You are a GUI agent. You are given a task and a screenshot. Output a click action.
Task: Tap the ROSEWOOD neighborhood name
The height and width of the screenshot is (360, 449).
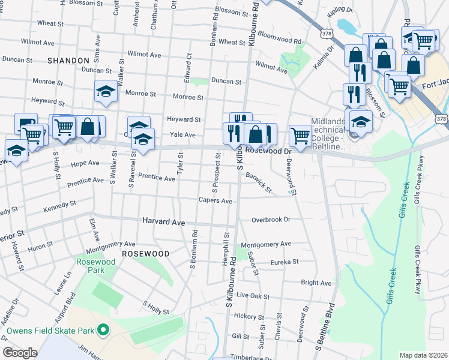coord(146,254)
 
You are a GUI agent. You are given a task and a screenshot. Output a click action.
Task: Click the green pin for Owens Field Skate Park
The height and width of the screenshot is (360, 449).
coord(103,330)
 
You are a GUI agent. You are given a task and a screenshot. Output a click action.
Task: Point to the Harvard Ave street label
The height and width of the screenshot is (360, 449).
coord(163,221)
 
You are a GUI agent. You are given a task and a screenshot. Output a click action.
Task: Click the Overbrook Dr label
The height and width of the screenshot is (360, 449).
coord(271,220)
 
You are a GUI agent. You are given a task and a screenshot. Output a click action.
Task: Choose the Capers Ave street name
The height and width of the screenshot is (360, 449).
coord(215,201)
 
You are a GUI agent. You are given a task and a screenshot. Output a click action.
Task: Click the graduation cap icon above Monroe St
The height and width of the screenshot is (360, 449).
coord(106,92)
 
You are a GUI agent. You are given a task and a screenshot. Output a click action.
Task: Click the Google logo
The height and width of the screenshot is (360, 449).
coord(20,353)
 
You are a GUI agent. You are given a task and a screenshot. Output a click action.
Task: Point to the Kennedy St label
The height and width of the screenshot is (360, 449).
coord(59,204)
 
